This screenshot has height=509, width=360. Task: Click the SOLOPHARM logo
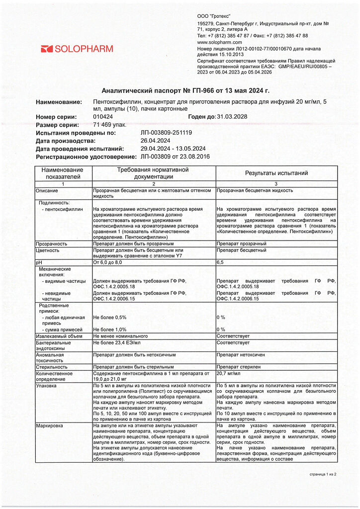pyautogui.click(x=77, y=49)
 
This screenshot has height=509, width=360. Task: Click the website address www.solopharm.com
pyautogui.click(x=219, y=42)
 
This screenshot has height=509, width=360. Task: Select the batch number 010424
pyautogui.click(x=103, y=117)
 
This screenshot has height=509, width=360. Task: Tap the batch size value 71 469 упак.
pyautogui.click(x=110, y=125)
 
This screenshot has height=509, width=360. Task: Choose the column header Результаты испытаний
pyautogui.click(x=276, y=173)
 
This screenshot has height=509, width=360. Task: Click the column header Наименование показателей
pyautogui.click(x=63, y=173)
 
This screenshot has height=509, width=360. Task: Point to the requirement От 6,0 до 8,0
pyautogui.click(x=107, y=261)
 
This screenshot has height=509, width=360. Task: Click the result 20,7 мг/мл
pyautogui.click(x=229, y=373)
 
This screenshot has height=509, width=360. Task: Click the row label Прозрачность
pyautogui.click(x=51, y=244)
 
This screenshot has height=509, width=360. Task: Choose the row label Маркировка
pyautogui.click(x=49, y=426)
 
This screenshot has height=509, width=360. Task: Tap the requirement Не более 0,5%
pyautogui.click(x=110, y=317)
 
